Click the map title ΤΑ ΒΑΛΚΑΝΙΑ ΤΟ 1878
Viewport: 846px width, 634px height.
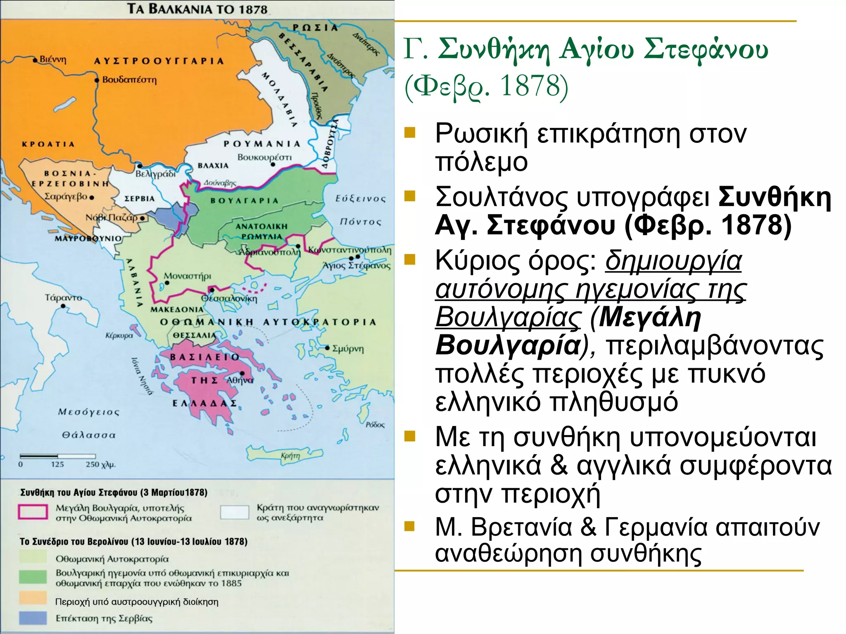click(x=197, y=9)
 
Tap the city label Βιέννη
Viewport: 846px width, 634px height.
click(x=52, y=59)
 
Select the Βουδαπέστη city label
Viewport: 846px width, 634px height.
click(x=129, y=79)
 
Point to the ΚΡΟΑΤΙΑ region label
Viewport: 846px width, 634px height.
click(x=48, y=144)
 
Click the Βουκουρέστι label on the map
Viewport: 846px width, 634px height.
click(x=264, y=157)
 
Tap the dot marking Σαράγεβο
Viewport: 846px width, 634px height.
click(x=92, y=197)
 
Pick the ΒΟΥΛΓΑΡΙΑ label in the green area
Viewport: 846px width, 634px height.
click(x=245, y=201)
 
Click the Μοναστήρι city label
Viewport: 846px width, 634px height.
click(x=188, y=276)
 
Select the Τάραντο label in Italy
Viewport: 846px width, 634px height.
click(x=63, y=297)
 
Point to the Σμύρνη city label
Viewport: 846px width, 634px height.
click(x=348, y=349)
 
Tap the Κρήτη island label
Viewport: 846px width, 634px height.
click(x=290, y=456)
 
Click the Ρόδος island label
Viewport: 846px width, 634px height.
click(x=375, y=424)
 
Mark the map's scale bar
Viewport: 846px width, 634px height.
click(x=58, y=456)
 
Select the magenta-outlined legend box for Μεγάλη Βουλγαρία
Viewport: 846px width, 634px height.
click(x=33, y=512)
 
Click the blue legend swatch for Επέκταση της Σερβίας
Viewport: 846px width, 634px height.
click(x=33, y=618)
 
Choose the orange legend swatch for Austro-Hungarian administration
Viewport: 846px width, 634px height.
click(x=33, y=598)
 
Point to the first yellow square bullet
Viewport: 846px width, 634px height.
click(x=409, y=132)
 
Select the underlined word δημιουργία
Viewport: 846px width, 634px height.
click(x=673, y=261)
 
